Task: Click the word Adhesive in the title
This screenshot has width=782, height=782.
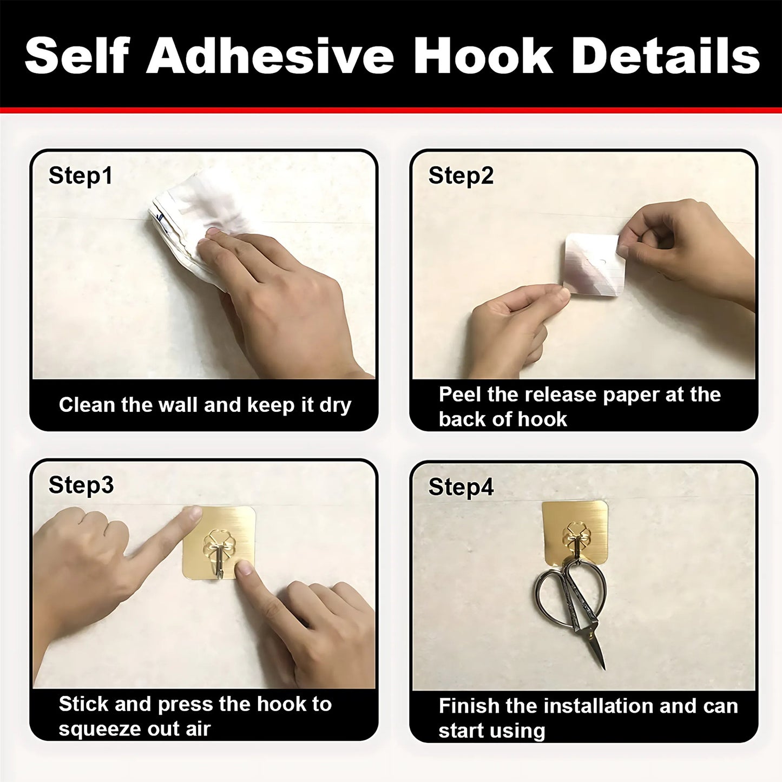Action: tap(270, 56)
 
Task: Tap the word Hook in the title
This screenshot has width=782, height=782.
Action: tap(483, 56)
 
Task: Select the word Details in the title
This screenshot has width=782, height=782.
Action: tap(665, 56)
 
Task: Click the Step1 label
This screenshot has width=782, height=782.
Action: tap(81, 176)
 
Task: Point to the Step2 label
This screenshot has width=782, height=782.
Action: tap(461, 176)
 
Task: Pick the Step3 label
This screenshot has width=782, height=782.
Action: tap(81, 485)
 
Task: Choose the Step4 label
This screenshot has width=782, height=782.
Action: tap(461, 487)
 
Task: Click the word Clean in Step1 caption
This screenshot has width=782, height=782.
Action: tap(87, 405)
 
